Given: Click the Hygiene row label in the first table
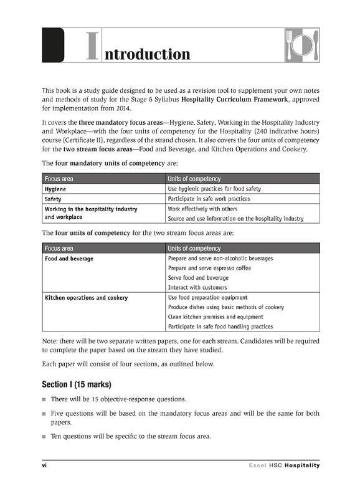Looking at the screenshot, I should pyautogui.click(x=56, y=189).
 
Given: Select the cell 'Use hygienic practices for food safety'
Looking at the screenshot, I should pyautogui.click(x=214, y=189).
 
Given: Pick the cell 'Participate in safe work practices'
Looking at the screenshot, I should pyautogui.click(x=209, y=199).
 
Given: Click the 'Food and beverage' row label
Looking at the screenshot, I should pyautogui.click(x=69, y=259).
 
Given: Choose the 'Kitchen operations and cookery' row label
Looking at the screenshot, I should pyautogui.click(x=87, y=298).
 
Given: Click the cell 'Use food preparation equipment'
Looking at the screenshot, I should pyautogui.click(x=208, y=298).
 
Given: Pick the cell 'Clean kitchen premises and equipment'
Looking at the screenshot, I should pyautogui.click(x=216, y=317).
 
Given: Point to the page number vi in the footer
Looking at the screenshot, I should pyautogui.click(x=44, y=465).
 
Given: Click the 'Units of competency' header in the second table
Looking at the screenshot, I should pyautogui.click(x=194, y=249).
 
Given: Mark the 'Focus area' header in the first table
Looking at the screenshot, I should pyautogui.click(x=59, y=179).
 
